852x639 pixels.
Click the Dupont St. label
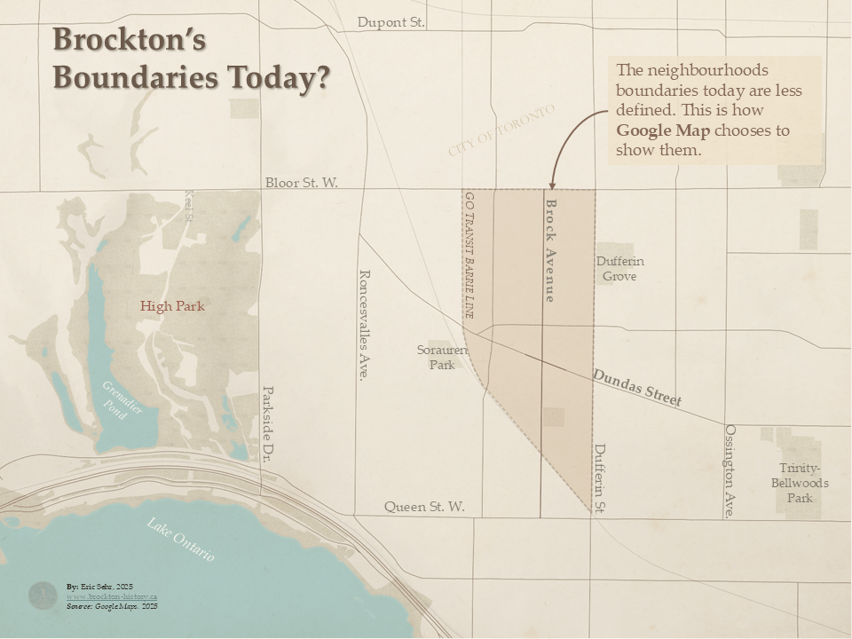point(390,22)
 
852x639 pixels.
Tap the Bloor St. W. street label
point(302,183)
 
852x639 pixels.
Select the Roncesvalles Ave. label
point(362,325)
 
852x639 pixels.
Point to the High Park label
point(172,306)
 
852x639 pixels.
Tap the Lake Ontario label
point(181,539)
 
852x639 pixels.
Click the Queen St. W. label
point(424,507)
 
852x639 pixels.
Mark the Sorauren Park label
point(442,357)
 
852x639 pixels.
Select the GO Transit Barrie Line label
point(469,255)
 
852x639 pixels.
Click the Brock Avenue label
point(550,251)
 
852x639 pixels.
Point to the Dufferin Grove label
point(619,269)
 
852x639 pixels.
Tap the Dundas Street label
point(637,388)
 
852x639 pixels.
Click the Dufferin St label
point(600,478)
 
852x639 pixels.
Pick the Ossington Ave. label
point(730,470)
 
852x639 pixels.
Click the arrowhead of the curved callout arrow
point(550,185)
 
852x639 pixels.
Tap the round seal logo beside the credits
point(43,596)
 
